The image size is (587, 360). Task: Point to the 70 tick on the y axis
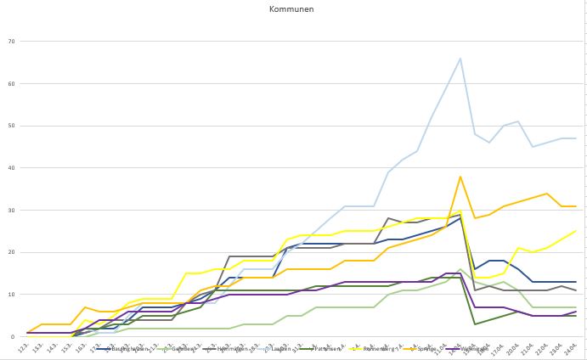coord(11,41)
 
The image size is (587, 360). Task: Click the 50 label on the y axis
coord(11,126)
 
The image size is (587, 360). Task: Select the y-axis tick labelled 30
coord(11,210)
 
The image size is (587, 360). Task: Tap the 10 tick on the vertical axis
coord(11,295)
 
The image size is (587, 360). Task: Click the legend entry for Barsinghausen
coord(127,349)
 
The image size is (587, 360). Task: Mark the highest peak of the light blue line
coord(460,59)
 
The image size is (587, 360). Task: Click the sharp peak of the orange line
coord(460,177)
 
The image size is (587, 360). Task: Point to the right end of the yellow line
coord(576,231)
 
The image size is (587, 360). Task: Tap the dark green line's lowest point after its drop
coord(475,324)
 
